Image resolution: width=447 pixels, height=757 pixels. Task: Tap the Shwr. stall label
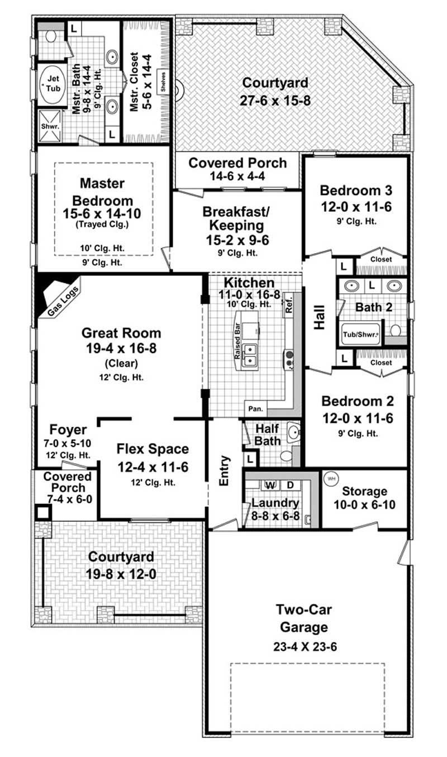coord(47,126)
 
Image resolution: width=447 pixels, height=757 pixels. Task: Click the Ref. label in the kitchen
coord(289,304)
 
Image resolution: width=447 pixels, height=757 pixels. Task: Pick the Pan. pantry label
coord(256,409)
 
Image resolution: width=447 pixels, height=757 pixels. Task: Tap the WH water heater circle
coord(331,479)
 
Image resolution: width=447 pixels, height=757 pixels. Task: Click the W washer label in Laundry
coord(269,484)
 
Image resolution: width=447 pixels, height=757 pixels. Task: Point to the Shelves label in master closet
coord(164,83)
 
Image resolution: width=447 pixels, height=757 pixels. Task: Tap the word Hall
coord(319,318)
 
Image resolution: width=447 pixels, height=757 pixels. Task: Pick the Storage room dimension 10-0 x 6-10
coord(365,506)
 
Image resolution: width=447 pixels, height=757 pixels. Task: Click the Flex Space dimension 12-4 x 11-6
coord(153,466)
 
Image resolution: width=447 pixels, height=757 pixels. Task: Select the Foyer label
coord(68,430)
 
